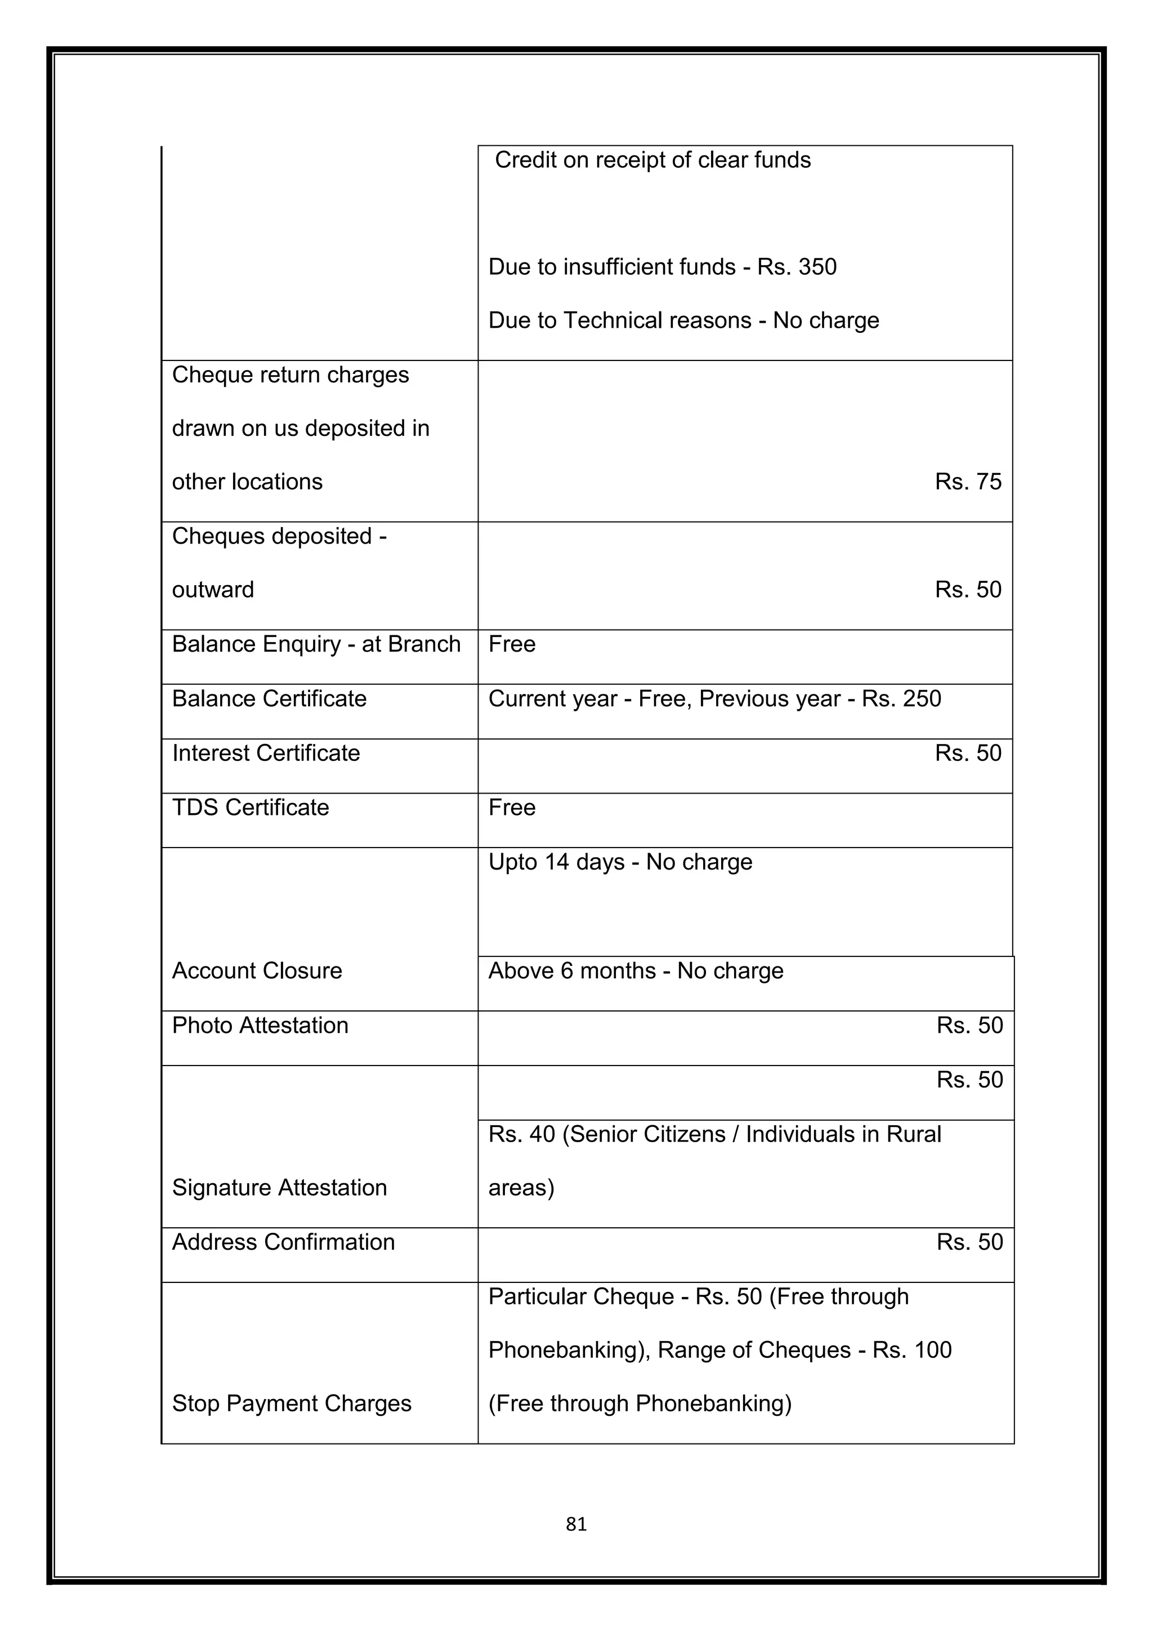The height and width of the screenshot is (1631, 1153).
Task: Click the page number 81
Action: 576,1524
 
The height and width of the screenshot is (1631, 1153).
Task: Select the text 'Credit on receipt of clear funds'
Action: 652,160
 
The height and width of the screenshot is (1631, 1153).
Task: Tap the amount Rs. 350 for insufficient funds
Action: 797,267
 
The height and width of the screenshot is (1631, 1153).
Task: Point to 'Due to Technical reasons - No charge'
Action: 683,320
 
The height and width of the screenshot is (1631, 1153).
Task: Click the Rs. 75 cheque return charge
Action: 967,482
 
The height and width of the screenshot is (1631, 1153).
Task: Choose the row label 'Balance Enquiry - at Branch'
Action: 316,644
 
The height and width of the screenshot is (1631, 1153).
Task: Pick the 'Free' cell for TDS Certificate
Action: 511,808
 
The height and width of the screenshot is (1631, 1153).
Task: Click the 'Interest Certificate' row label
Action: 266,753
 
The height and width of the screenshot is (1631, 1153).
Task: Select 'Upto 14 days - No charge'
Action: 620,862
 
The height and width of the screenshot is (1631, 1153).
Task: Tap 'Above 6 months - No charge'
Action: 636,971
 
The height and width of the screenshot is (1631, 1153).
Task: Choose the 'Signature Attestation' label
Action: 279,1188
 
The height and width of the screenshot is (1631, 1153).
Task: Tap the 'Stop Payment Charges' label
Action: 291,1403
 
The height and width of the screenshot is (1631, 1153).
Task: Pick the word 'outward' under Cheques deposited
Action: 212,590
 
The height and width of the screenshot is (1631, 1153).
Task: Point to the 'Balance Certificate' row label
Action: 269,699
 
